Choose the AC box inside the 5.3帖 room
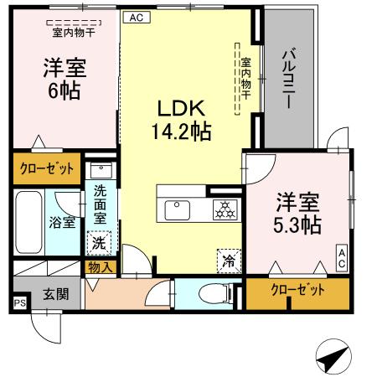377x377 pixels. coord(343,258)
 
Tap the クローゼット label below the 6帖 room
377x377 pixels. coord(47,167)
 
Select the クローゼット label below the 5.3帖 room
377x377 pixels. coord(297,292)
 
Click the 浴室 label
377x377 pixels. coord(62,223)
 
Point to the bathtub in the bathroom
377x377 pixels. coord(29,222)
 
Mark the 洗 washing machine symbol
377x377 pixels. coord(98,243)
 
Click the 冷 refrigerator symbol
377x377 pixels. coord(227,260)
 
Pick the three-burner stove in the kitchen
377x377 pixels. coord(224,209)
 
